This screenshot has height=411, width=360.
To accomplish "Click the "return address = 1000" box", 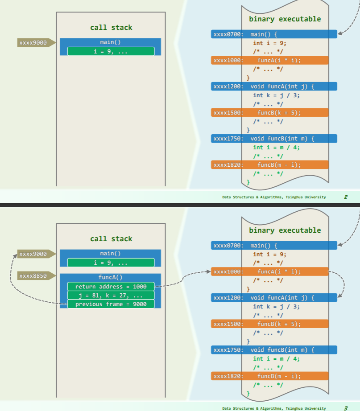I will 111,286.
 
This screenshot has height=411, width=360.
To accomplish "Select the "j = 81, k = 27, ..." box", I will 111,295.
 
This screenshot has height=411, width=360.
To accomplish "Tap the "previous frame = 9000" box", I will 111,304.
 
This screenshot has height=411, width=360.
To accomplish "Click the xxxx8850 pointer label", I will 33,276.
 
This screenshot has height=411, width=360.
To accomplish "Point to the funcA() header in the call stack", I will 110,277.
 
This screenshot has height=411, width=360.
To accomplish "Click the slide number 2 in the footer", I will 346,197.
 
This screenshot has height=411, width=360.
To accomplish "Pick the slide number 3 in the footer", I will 346,408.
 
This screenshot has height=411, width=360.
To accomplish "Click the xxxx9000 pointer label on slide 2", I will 33,43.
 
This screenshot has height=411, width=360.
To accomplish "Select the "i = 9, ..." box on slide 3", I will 111,262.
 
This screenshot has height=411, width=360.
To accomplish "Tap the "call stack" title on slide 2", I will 111,28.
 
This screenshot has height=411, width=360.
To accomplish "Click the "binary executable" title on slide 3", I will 285,230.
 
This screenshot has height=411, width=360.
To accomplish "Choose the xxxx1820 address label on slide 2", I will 228,164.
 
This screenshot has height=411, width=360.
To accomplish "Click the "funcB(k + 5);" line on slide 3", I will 279,324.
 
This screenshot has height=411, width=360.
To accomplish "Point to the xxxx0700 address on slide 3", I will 228,245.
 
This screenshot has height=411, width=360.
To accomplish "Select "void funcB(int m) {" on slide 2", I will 282,139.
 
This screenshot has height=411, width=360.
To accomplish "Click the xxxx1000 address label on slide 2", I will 228,61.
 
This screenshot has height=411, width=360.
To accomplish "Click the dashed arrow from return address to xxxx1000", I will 183,279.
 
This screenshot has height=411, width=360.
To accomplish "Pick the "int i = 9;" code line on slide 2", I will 269,43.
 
